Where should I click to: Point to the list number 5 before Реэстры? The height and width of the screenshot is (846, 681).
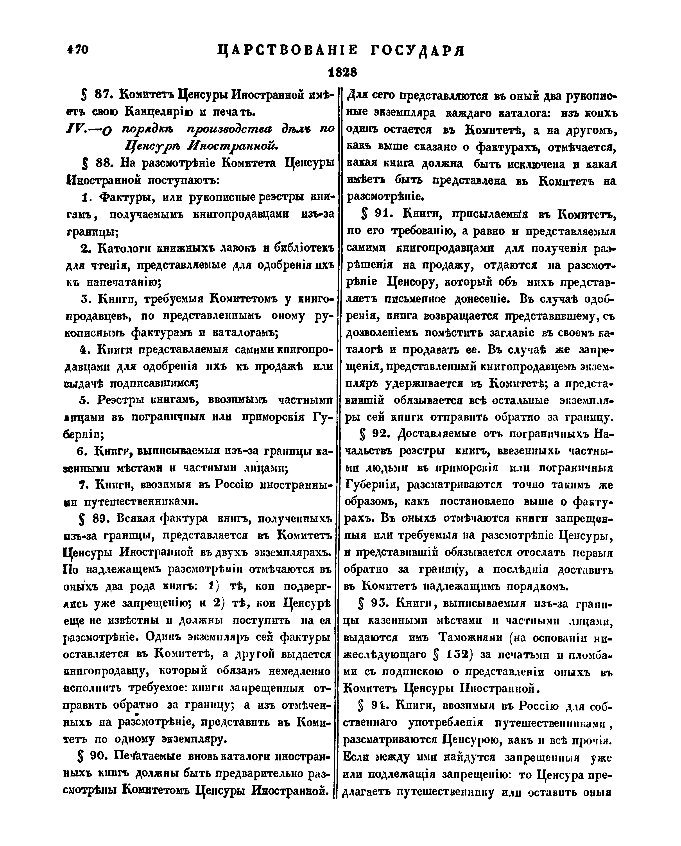(83, 400)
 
